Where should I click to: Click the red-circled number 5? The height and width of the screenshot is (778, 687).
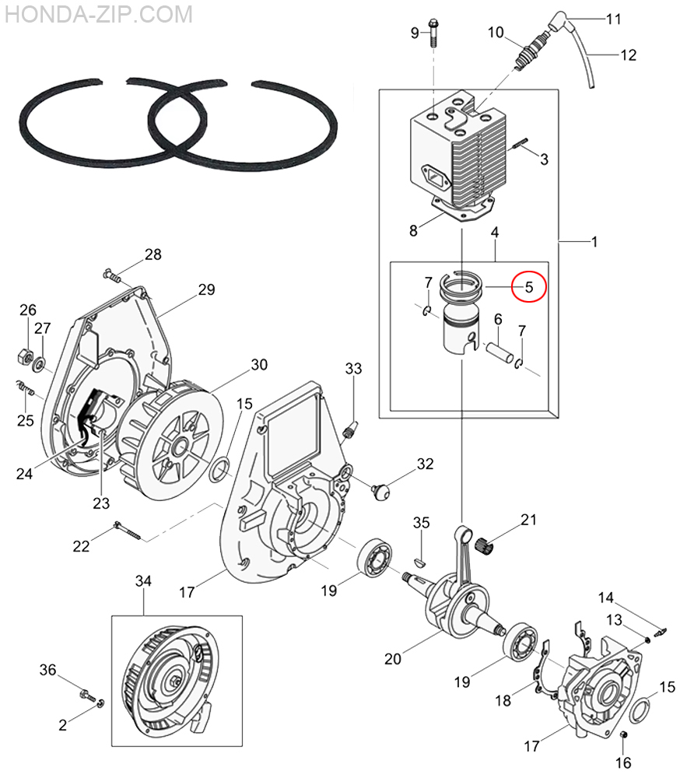click(x=529, y=287)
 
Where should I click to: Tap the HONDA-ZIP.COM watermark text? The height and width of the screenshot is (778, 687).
click(x=99, y=14)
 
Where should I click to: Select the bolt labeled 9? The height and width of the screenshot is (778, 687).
click(x=434, y=33)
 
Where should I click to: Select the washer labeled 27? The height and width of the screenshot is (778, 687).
click(x=39, y=366)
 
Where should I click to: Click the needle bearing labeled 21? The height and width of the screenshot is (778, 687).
click(x=485, y=546)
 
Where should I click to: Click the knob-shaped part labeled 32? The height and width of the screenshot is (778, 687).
click(x=380, y=492)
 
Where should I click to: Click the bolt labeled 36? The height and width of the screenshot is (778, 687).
click(x=88, y=695)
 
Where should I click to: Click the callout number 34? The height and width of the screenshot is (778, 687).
click(x=143, y=581)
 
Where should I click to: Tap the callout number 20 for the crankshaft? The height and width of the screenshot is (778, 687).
click(x=393, y=659)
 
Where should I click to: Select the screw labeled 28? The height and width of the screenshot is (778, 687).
click(x=112, y=275)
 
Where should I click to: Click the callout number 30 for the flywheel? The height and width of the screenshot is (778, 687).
click(x=259, y=365)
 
